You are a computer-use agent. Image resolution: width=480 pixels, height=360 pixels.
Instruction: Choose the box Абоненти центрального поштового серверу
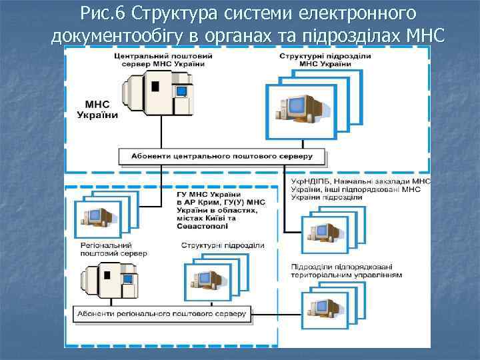tap(223, 157)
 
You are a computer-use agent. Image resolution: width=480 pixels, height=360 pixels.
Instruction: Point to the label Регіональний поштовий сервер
tap(113, 249)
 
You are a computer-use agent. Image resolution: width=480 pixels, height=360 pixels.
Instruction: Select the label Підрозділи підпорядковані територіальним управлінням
tap(346, 271)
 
